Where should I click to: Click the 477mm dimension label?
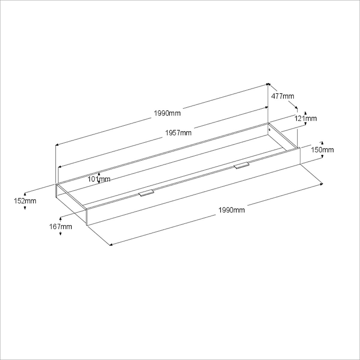pos(283,96)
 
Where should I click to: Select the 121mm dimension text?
pos(305,118)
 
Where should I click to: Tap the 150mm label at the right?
pos(322,150)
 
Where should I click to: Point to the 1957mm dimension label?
pos(178,133)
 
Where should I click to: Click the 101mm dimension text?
pos(99,179)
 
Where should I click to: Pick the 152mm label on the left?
pos(25,201)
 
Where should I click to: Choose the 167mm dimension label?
pos(61,226)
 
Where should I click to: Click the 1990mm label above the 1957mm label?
pos(167,113)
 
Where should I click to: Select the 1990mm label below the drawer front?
pos(232,210)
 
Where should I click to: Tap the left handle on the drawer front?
pos(146,193)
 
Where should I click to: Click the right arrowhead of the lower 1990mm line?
pos(322,183)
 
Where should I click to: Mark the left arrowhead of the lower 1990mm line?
pos(111,245)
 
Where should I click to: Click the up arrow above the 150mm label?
pos(322,142)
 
